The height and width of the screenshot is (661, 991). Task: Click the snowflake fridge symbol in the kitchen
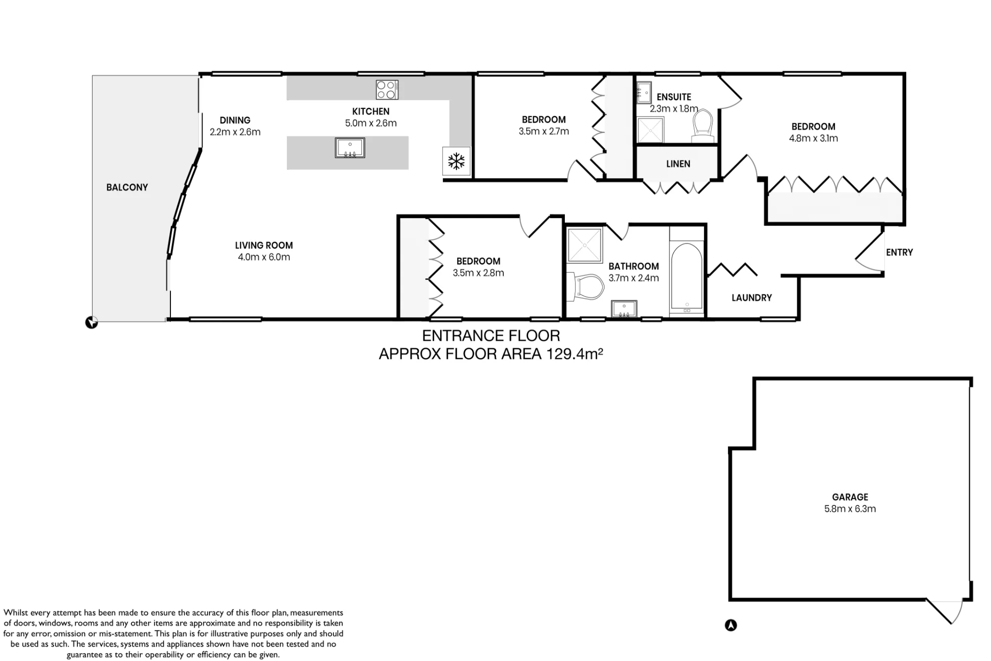(x=456, y=161)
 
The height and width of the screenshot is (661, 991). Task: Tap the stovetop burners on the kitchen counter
(x=387, y=90)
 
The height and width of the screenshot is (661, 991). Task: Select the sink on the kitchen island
(x=350, y=148)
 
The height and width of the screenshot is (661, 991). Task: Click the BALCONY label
(x=127, y=187)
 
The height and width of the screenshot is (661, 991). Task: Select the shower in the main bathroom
(x=585, y=245)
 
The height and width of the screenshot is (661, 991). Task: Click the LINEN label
(x=678, y=164)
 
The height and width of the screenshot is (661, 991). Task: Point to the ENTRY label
(x=899, y=252)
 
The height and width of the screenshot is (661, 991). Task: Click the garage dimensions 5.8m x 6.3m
(x=850, y=509)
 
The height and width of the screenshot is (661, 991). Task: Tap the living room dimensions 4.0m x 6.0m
(x=264, y=257)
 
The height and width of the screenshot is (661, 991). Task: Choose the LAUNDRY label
(x=752, y=298)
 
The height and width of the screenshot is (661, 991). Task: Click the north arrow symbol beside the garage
(x=731, y=625)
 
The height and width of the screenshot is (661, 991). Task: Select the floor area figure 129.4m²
(x=575, y=354)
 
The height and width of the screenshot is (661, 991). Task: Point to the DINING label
(x=235, y=120)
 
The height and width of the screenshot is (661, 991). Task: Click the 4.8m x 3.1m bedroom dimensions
(x=813, y=139)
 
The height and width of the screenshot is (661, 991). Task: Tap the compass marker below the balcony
(x=92, y=323)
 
